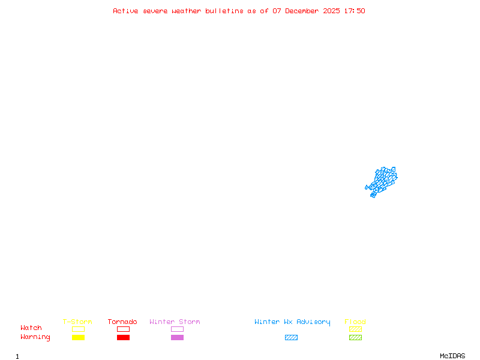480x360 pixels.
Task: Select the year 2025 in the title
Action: pyautogui.click(x=331, y=11)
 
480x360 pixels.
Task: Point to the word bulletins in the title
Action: pyautogui.click(x=224, y=11)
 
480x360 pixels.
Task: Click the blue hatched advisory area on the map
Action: pyautogui.click(x=382, y=181)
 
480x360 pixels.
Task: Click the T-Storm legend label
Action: pyautogui.click(x=77, y=322)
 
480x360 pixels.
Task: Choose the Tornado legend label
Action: pyautogui.click(x=122, y=322)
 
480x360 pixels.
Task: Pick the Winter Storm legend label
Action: pyautogui.click(x=175, y=322)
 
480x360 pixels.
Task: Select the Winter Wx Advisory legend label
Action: pyautogui.click(x=292, y=322)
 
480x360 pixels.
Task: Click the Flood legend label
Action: pyautogui.click(x=355, y=322)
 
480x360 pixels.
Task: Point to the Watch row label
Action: pyautogui.click(x=31, y=328)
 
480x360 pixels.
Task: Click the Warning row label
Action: pyautogui.click(x=35, y=337)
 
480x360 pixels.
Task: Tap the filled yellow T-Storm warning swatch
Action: pyautogui.click(x=78, y=338)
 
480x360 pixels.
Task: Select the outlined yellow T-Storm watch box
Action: pyautogui.click(x=78, y=329)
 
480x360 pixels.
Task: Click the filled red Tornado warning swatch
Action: pyautogui.click(x=123, y=338)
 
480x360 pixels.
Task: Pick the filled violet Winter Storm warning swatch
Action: pyautogui.click(x=177, y=338)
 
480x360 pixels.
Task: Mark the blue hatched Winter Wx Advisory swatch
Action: pyautogui.click(x=291, y=338)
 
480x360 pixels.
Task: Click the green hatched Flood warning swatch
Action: pyautogui.click(x=355, y=338)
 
